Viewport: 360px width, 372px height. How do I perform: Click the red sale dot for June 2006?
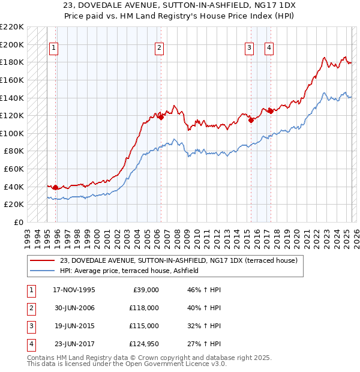(x=161, y=118)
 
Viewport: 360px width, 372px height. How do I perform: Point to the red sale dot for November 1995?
(x=56, y=188)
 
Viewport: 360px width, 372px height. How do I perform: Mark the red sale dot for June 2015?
(x=250, y=120)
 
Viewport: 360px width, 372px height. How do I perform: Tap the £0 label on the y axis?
(x=19, y=222)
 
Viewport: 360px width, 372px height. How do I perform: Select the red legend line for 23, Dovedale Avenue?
(x=42, y=260)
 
